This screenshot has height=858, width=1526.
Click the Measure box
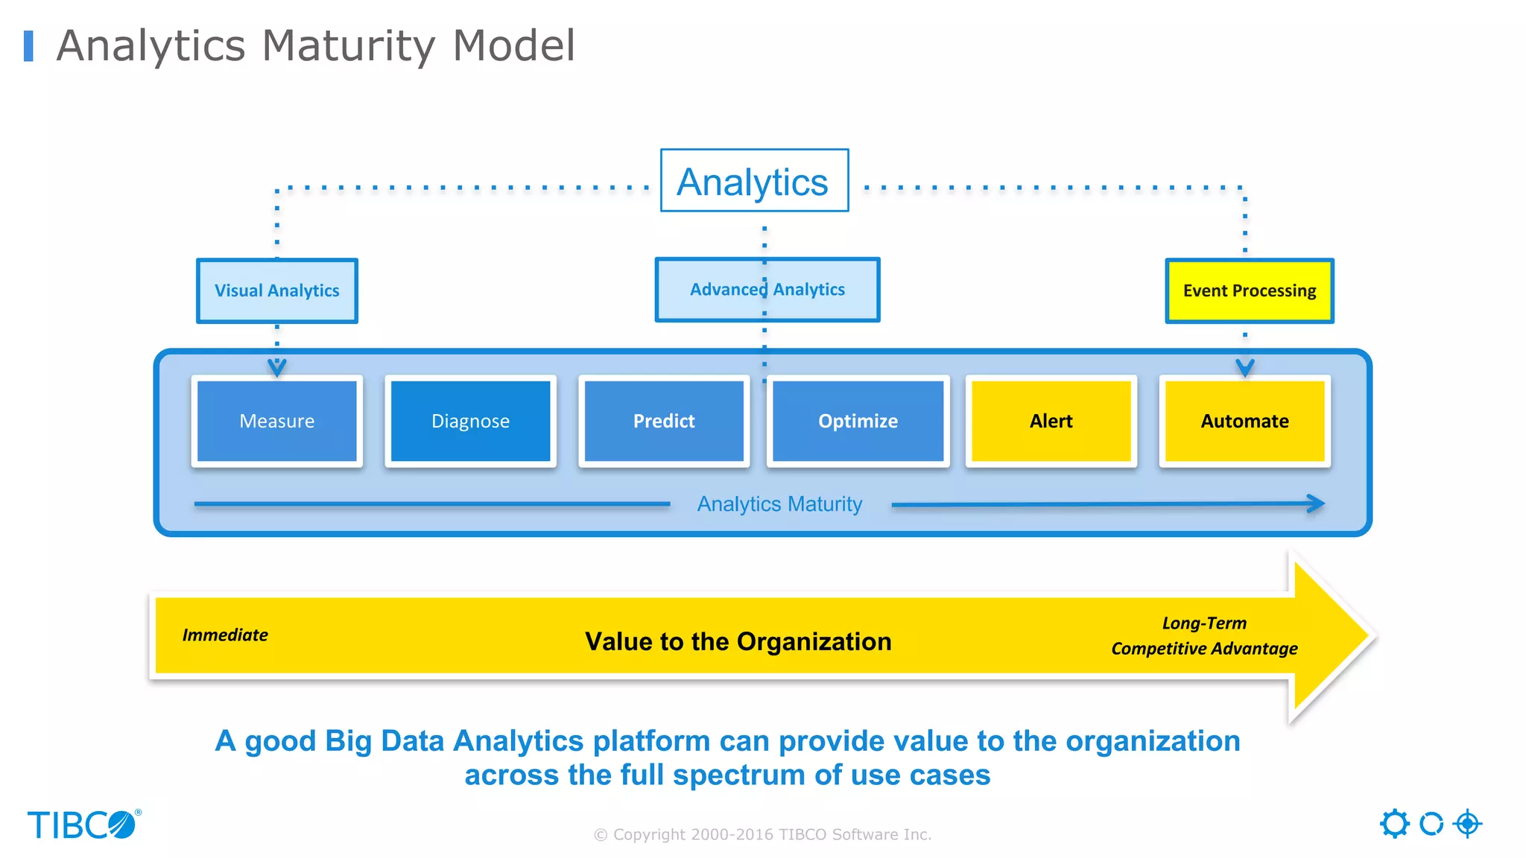tap(276, 422)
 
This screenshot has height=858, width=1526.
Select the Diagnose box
tap(470, 422)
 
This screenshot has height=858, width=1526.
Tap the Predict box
tap(664, 422)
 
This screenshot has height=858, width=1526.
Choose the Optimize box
tap(858, 422)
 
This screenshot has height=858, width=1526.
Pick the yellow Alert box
tap(1051, 422)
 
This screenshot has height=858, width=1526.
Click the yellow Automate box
tap(1244, 422)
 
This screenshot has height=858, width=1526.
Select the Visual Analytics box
tap(276, 290)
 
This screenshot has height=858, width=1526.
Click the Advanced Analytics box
tap(767, 290)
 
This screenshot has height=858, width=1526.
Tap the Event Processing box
tap(1250, 290)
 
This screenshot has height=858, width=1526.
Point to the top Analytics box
tap(753, 181)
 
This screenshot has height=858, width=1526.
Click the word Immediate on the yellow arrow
tap(225, 635)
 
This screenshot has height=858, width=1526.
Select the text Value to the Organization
tap(738, 641)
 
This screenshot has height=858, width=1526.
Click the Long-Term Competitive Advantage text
tap(1204, 636)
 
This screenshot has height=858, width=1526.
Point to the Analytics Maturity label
tap(779, 504)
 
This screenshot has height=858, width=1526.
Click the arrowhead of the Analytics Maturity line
tap(1317, 503)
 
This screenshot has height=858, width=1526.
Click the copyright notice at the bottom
tap(762, 834)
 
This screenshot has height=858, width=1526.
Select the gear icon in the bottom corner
tap(1394, 824)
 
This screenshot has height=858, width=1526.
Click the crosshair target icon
tap(1467, 824)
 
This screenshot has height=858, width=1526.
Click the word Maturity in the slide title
tap(348, 46)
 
